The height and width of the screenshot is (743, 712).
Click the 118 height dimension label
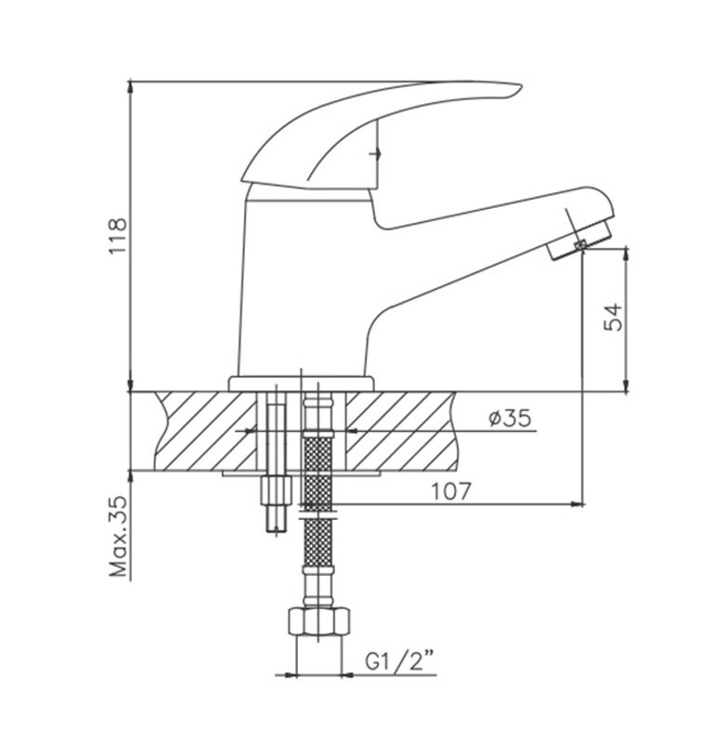pos(119,236)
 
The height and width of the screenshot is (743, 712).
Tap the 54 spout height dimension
pos(613,317)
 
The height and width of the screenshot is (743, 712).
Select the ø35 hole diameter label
pos(511,418)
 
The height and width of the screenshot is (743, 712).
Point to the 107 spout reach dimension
pos(451,491)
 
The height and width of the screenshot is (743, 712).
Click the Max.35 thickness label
pos(119,537)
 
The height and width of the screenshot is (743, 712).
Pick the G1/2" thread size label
pos(400,661)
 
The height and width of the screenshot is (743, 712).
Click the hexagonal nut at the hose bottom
pos(318,622)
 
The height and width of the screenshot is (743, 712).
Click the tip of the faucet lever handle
pos(521,85)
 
